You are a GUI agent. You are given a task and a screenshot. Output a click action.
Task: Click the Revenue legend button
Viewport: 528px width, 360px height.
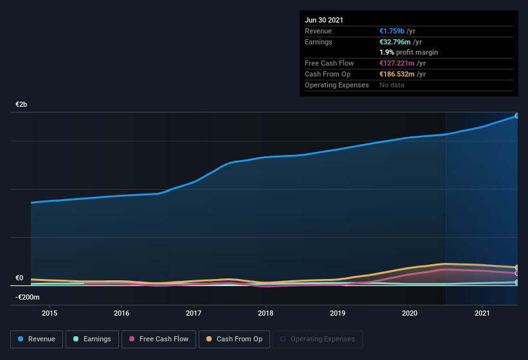pyautogui.click(x=37, y=339)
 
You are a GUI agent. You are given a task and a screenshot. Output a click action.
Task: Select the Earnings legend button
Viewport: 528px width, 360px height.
pyautogui.click(x=93, y=339)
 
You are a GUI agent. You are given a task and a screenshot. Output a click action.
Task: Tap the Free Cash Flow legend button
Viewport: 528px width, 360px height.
pyautogui.click(x=158, y=339)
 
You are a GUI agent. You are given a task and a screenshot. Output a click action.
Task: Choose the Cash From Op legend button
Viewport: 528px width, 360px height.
pyautogui.click(x=233, y=339)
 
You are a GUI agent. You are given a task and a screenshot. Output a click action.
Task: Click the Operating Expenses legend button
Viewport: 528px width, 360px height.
pyautogui.click(x=317, y=339)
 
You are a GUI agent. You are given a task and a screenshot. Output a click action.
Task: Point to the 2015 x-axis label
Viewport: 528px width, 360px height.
pyautogui.click(x=50, y=313)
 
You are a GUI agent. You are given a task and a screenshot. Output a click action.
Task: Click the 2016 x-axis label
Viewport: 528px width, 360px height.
pyautogui.click(x=122, y=313)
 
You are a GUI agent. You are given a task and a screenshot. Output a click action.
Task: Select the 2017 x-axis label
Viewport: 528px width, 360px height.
pyautogui.click(x=194, y=313)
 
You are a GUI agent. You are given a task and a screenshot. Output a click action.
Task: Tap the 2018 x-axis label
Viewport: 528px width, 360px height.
pyautogui.click(x=266, y=313)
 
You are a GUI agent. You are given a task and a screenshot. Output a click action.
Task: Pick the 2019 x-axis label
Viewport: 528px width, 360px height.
pyautogui.click(x=338, y=313)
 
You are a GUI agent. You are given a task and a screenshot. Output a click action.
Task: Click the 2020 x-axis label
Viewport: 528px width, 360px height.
pyautogui.click(x=410, y=313)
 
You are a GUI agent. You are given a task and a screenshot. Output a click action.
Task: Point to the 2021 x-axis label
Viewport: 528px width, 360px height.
pyautogui.click(x=482, y=313)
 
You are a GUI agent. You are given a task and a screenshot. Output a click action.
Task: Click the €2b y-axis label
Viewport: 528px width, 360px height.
pyautogui.click(x=22, y=104)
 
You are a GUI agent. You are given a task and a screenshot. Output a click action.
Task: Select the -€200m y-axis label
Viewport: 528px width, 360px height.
pyautogui.click(x=28, y=297)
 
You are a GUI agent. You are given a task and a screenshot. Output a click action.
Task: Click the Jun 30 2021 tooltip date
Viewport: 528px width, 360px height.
pyautogui.click(x=324, y=20)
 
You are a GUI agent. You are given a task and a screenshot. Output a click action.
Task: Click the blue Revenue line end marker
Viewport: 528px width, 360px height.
pyautogui.click(x=516, y=116)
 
